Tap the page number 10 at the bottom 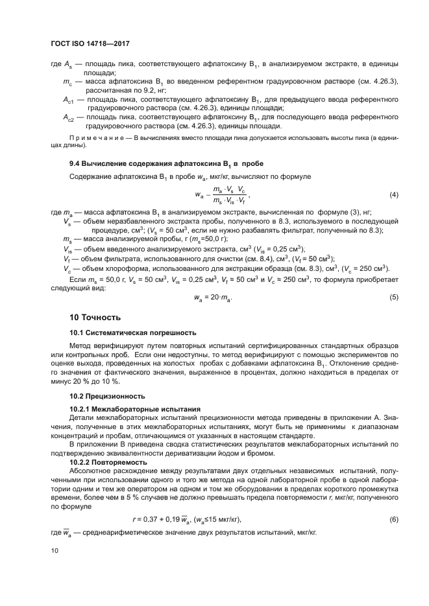(55, 550)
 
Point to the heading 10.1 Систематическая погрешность (132, 333)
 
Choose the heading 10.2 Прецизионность (107, 395)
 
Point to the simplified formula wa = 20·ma (214, 297)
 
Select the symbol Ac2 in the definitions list (69, 118)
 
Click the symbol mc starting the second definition (67, 82)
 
